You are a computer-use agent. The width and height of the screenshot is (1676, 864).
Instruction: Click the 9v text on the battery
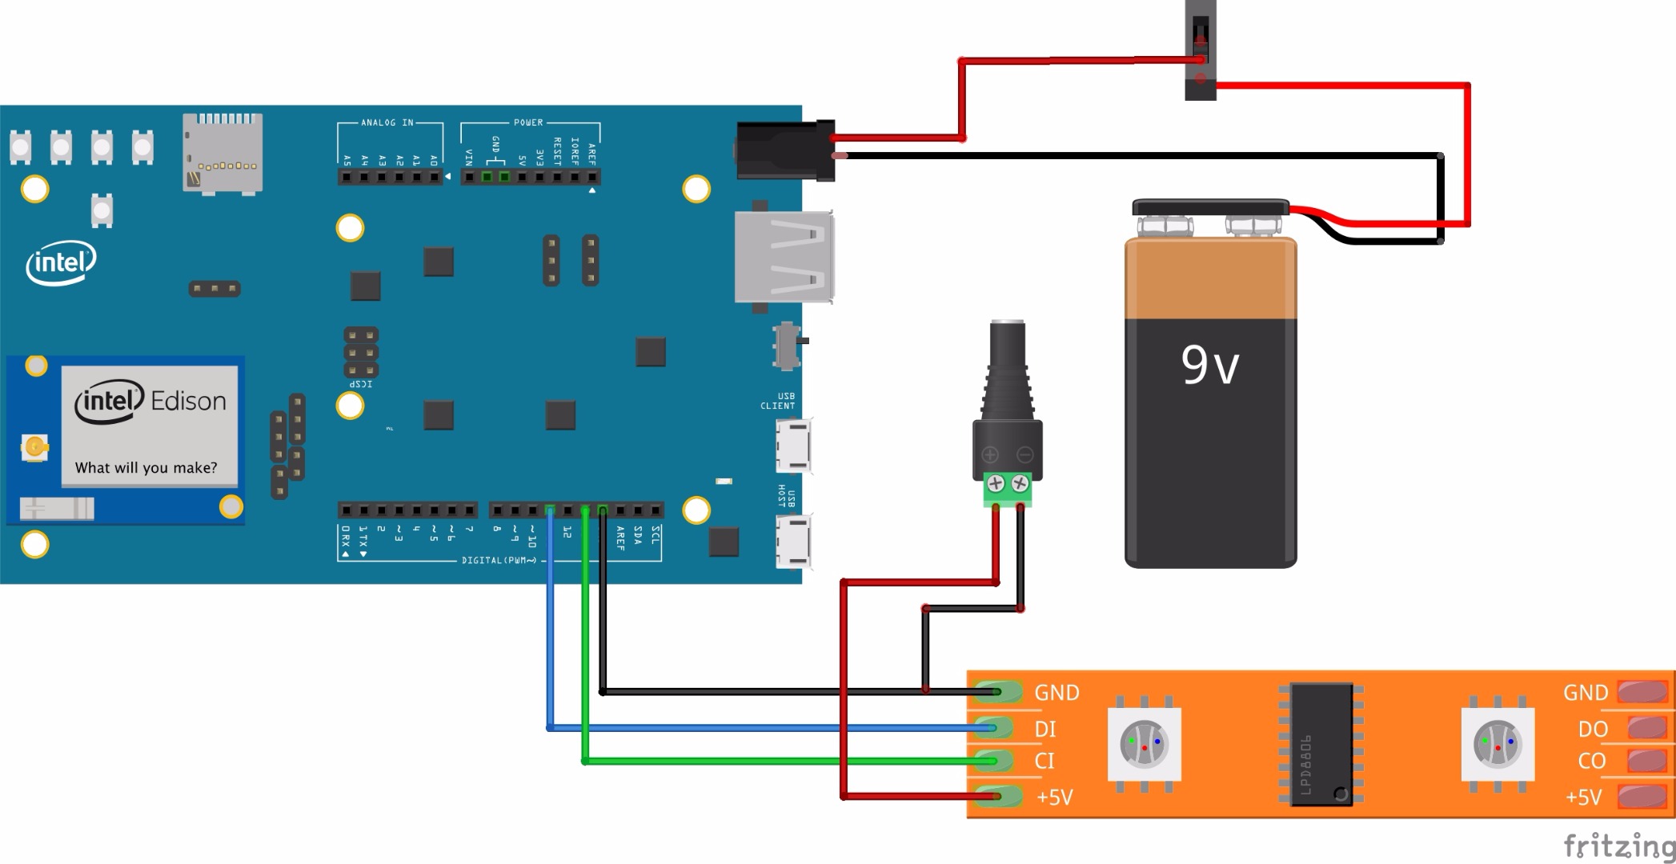[1209, 365]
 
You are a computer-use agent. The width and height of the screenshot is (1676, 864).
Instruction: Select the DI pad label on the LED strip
[1045, 729]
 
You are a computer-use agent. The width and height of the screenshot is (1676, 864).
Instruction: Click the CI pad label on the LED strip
[1044, 761]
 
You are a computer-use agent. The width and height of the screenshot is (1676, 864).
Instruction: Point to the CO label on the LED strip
[1592, 761]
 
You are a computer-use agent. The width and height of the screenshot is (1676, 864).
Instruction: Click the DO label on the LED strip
[1593, 729]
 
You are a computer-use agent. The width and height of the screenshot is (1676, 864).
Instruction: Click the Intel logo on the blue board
[61, 262]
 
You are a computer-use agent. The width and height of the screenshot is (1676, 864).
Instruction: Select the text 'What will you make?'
[146, 468]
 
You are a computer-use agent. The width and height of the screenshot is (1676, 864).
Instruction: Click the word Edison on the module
[188, 401]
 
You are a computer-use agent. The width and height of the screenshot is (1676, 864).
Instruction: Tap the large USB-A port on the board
[783, 257]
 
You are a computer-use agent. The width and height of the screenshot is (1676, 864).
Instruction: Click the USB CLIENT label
[778, 401]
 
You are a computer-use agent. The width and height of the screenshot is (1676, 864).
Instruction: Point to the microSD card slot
[223, 152]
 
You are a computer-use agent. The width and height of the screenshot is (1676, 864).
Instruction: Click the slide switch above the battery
[1200, 50]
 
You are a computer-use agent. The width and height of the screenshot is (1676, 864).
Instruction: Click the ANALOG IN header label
[387, 122]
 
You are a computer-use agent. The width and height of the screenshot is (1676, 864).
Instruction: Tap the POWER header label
[528, 122]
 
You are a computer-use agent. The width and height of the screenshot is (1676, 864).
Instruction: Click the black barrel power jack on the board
[784, 150]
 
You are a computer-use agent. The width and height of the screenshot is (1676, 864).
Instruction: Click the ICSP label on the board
[361, 384]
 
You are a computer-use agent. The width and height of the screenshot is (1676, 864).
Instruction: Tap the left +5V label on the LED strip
[1054, 797]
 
